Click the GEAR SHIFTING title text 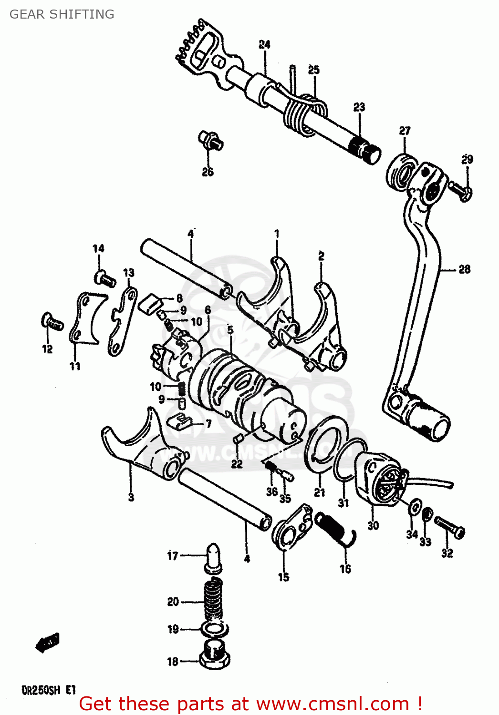pos(62,14)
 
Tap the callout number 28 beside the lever pos(464,269)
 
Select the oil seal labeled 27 pos(400,172)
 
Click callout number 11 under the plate pos(75,366)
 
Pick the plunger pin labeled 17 pos(212,556)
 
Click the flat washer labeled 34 pos(415,506)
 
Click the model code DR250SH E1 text pos(48,690)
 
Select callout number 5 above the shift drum pos(230,329)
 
